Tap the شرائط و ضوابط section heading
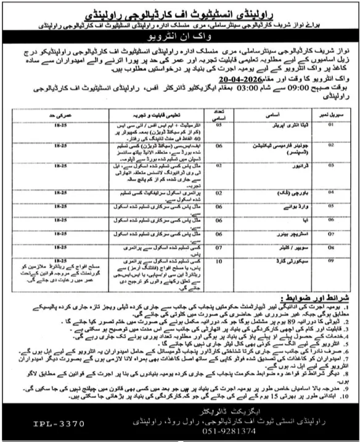coord(320,298)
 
